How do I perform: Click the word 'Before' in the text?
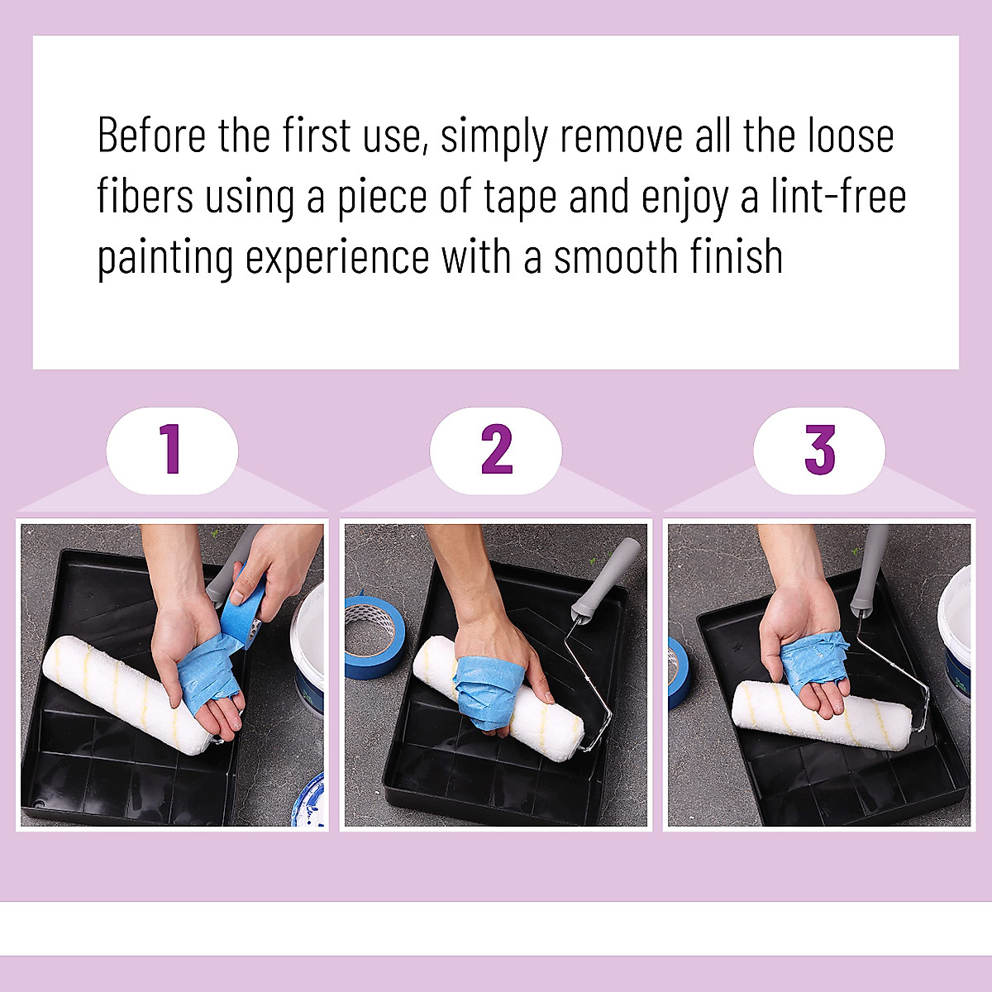(152, 136)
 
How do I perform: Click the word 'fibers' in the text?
(145, 198)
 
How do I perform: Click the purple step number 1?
(171, 450)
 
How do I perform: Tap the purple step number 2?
(496, 450)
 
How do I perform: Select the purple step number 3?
(819, 450)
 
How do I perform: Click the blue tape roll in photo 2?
(373, 637)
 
